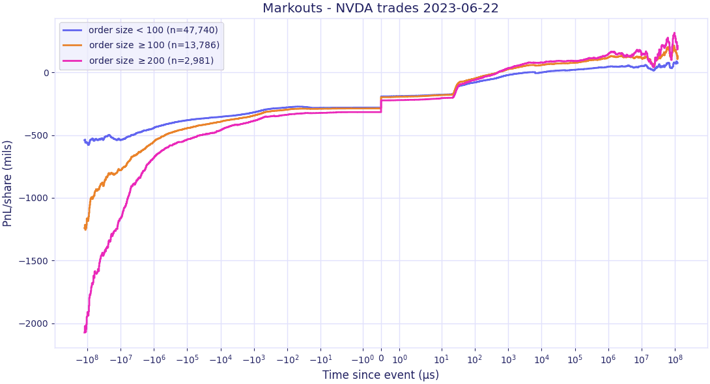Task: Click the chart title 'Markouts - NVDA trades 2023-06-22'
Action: click(x=380, y=8)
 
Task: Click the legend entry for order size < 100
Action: click(x=140, y=30)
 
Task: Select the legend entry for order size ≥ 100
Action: click(x=141, y=45)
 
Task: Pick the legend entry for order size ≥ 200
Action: click(x=138, y=60)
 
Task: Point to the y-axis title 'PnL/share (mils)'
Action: click(x=7, y=184)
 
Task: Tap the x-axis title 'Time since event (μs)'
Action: click(x=381, y=374)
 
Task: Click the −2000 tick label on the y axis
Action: click(x=33, y=324)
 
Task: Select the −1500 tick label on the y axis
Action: click(x=33, y=261)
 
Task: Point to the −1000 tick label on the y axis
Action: click(x=33, y=198)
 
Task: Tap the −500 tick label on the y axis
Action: click(x=36, y=135)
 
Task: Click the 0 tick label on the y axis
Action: click(x=46, y=73)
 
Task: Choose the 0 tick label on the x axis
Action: click(x=381, y=359)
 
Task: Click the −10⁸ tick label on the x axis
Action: click(x=87, y=359)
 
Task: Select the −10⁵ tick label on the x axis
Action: click(x=187, y=359)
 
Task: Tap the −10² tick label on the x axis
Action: click(x=287, y=359)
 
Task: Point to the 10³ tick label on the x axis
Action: click(x=508, y=359)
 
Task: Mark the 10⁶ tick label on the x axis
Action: click(x=608, y=359)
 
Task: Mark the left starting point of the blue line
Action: click(x=84, y=140)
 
